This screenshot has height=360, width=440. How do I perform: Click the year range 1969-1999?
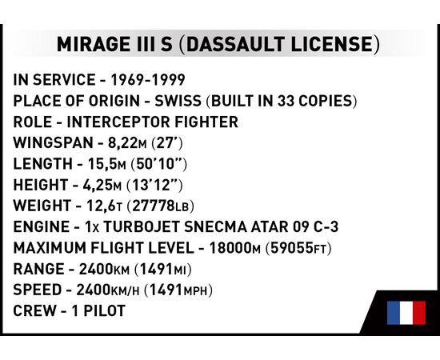click(x=148, y=80)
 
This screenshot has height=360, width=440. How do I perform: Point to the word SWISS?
click(x=178, y=101)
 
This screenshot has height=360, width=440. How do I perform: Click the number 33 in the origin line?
click(x=286, y=101)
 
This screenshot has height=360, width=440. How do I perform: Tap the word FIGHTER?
click(x=206, y=122)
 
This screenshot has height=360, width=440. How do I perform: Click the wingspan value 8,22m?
click(x=127, y=143)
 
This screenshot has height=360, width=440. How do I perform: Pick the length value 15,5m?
click(x=107, y=164)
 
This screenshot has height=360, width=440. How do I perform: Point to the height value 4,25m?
click(x=102, y=185)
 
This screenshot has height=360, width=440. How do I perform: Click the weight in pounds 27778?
click(x=154, y=206)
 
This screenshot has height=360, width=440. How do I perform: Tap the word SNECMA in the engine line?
click(x=215, y=226)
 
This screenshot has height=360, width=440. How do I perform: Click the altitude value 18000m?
click(x=235, y=248)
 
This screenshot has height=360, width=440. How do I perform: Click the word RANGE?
click(x=38, y=269)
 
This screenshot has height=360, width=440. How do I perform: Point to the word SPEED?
click(x=38, y=290)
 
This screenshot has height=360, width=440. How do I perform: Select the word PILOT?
click(x=104, y=311)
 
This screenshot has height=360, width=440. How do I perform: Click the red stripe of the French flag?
click(x=419, y=313)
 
